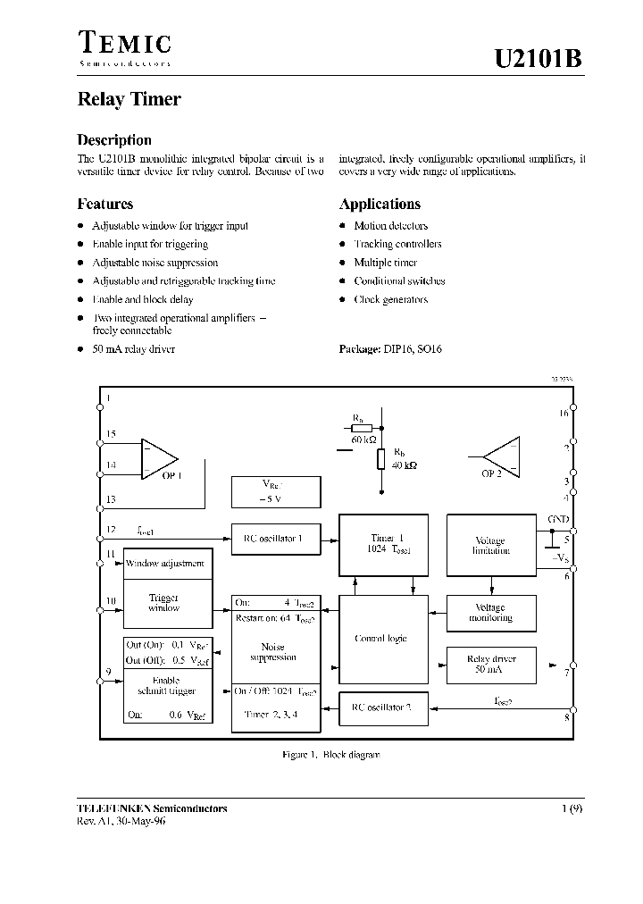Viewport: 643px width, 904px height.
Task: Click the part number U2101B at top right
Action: (x=539, y=61)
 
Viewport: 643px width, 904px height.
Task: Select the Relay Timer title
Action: (x=129, y=100)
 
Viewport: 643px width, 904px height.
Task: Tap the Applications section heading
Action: (x=380, y=204)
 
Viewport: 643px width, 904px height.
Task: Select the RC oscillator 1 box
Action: (x=274, y=537)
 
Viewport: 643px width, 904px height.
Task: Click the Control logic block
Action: (x=380, y=639)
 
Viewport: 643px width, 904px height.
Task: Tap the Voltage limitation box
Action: (x=489, y=546)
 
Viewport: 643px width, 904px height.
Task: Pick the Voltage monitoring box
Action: (x=489, y=612)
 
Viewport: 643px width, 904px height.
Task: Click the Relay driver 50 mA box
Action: (x=489, y=664)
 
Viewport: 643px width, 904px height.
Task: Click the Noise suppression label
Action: (x=273, y=651)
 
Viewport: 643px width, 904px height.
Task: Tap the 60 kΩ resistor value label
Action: (x=363, y=440)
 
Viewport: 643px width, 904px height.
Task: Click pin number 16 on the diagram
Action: (x=563, y=413)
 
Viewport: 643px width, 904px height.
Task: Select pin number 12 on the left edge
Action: (x=111, y=529)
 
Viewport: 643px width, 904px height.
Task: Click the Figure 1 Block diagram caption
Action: (x=330, y=755)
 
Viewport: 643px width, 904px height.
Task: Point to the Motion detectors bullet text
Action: (x=390, y=226)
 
